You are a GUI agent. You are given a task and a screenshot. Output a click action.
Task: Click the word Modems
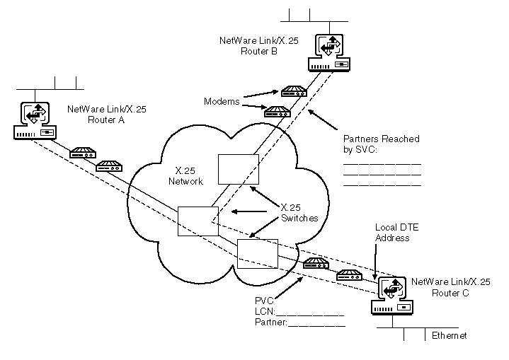click(220, 101)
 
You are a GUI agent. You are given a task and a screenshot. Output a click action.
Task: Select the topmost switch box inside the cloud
click(234, 168)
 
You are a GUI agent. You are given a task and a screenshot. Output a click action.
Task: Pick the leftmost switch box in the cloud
click(198, 221)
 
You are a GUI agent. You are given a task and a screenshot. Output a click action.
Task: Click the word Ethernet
click(450, 336)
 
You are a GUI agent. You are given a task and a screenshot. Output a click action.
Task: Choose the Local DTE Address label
click(392, 233)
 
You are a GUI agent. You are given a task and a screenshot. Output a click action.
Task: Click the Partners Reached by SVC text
click(381, 143)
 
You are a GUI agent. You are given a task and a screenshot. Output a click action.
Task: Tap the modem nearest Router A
click(83, 153)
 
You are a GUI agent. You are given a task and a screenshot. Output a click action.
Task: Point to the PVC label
click(263, 301)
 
